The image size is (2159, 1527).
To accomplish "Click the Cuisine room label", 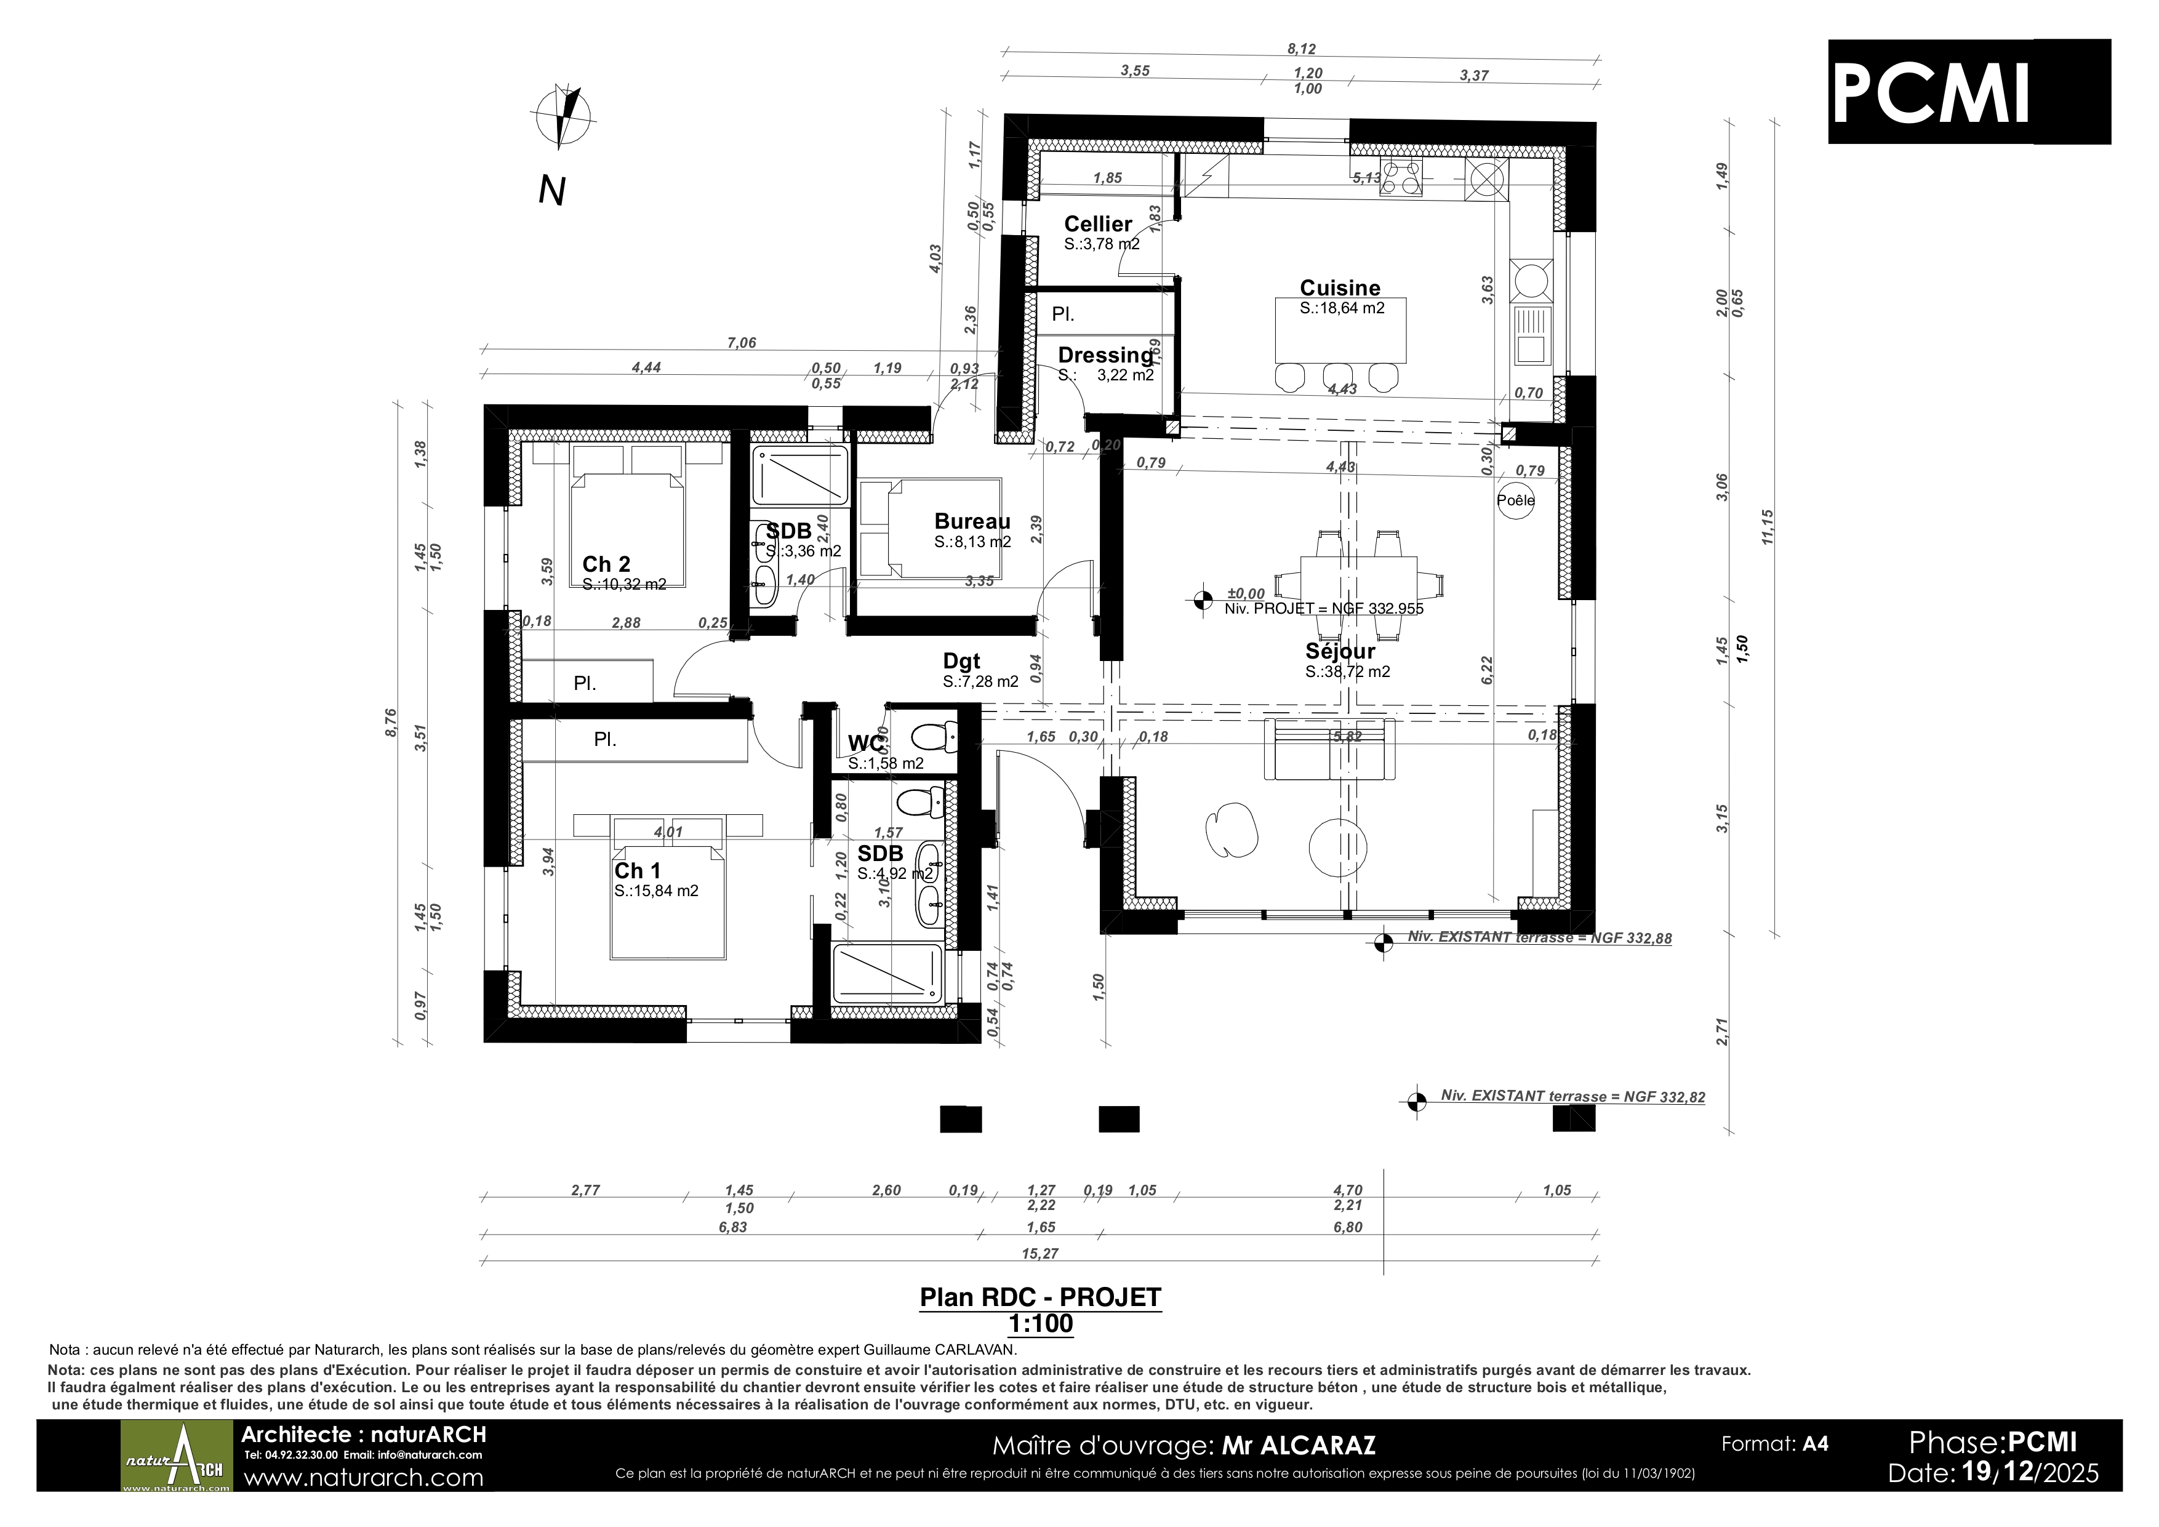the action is click(x=1340, y=287).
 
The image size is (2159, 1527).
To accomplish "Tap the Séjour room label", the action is click(x=1340, y=651).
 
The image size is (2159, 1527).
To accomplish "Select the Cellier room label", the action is click(x=1097, y=224).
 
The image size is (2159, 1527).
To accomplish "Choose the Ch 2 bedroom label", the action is click(x=606, y=564).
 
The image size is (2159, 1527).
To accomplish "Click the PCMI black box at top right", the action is click(x=1969, y=91).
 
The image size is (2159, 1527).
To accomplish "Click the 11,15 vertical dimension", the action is click(x=1768, y=527).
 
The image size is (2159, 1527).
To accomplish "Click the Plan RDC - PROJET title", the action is click(x=1040, y=1297).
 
